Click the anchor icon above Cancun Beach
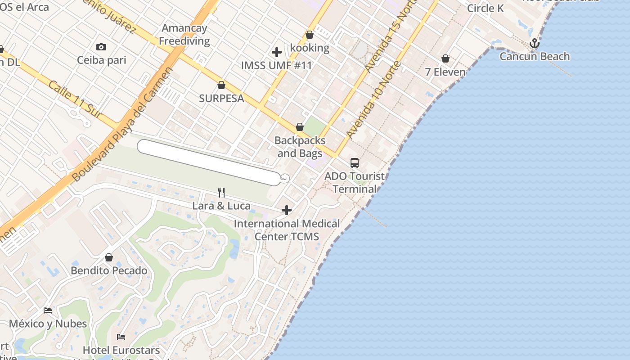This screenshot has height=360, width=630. (x=534, y=44)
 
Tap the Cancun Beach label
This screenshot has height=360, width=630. (x=535, y=57)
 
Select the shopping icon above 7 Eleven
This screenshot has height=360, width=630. (x=445, y=58)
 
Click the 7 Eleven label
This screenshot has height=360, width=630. (x=445, y=72)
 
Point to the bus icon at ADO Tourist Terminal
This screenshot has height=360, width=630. (x=355, y=163)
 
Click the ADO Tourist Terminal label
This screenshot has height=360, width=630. (x=355, y=182)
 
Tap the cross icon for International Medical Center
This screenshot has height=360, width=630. (x=286, y=210)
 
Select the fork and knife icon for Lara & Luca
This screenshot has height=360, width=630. (x=221, y=193)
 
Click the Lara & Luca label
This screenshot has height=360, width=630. (x=221, y=206)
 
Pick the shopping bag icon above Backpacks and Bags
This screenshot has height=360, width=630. (x=300, y=127)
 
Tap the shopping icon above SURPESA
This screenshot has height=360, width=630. (x=221, y=85)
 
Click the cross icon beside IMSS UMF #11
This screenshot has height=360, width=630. (x=276, y=52)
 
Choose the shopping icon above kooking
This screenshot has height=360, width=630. (x=310, y=35)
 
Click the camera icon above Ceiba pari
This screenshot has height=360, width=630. (x=101, y=47)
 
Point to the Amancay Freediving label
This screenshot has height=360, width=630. (x=184, y=35)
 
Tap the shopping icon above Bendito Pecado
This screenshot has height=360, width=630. (x=108, y=257)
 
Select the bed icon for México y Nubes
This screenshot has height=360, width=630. (x=48, y=310)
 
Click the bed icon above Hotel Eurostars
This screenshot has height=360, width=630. (x=121, y=337)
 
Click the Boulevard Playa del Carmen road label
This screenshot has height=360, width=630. (x=122, y=125)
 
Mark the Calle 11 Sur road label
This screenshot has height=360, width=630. (x=76, y=100)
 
